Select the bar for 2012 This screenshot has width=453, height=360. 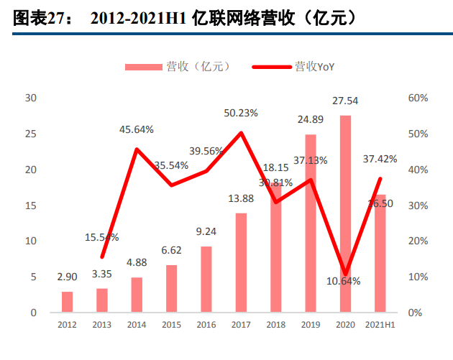(67, 302)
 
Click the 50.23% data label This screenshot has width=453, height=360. (241, 113)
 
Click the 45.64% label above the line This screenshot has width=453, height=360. (137, 129)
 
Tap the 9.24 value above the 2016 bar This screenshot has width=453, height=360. (206, 231)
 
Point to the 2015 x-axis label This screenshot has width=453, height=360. (171, 326)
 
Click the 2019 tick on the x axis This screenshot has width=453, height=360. (311, 326)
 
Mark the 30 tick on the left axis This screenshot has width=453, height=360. (29, 98)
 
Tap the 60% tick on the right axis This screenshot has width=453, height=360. (418, 98)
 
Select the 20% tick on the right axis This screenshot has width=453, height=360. (418, 241)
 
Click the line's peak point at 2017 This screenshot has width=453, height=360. (241, 133)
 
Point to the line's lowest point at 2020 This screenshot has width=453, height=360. (346, 274)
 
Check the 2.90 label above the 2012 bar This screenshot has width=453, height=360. (67, 277)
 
